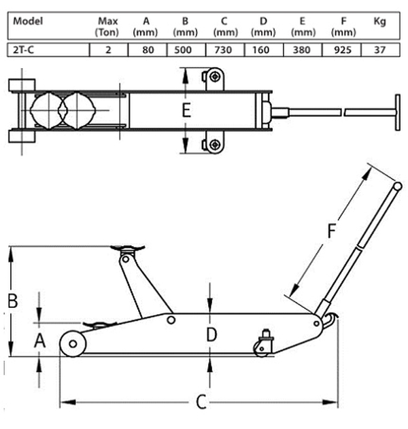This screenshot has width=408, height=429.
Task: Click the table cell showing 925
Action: point(342,50)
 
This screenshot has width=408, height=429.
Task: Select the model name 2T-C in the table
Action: point(24,50)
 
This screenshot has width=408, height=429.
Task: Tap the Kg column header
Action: point(380,21)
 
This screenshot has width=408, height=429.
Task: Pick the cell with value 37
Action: point(380,50)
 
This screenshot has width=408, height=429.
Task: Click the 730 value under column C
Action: point(223,50)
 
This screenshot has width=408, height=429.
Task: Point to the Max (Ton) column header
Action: point(107,27)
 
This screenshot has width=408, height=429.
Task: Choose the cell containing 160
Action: point(261,50)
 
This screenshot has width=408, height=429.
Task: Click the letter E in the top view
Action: point(186,110)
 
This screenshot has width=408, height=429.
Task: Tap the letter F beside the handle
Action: point(332,230)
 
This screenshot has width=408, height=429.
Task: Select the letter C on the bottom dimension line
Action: point(201,402)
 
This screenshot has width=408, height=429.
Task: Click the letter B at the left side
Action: point(13,301)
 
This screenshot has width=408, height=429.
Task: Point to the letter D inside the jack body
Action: point(211,334)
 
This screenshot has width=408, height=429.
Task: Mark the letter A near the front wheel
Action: point(40,341)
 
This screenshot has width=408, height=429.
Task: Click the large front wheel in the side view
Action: point(73,343)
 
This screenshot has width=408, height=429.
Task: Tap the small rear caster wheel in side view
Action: point(261,349)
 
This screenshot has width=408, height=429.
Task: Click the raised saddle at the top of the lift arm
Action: point(128,248)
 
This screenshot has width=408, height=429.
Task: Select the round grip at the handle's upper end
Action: point(397,186)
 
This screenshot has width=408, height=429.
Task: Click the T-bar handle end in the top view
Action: point(397,112)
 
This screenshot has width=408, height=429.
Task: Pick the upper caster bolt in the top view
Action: point(214,76)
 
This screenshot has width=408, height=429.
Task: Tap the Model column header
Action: point(28,21)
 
